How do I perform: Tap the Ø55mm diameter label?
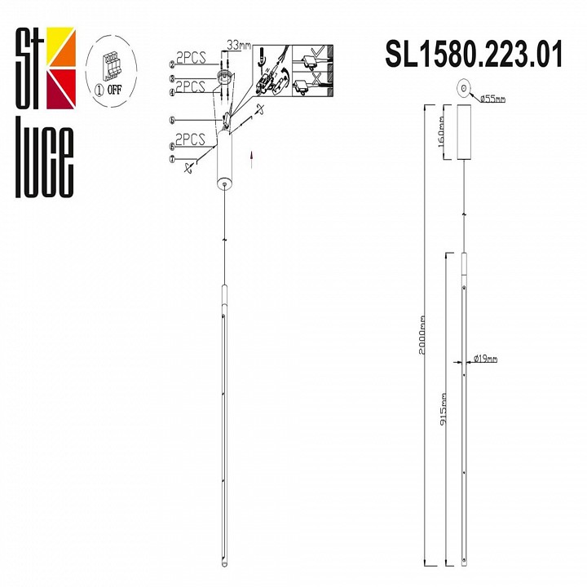click(493, 99)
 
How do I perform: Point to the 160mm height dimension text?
click(440, 133)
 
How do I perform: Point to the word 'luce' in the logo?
click(46, 163)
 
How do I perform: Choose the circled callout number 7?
click(173, 160)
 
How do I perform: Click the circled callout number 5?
click(173, 120)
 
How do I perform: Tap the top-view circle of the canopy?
click(463, 87)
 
